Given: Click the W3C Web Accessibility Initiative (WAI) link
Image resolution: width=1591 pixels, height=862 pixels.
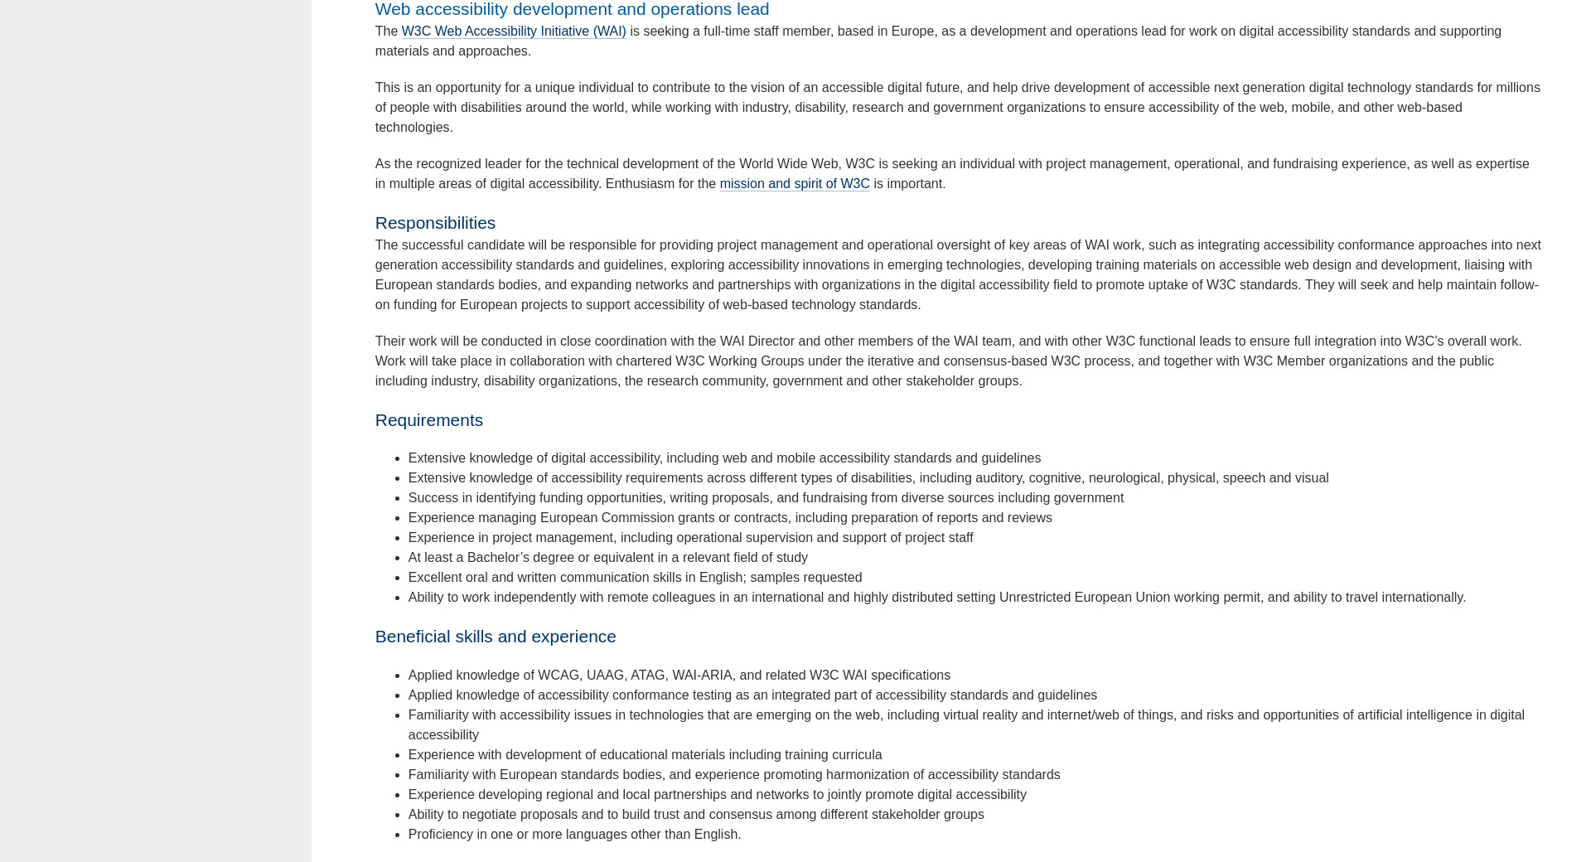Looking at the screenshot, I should pos(513,31).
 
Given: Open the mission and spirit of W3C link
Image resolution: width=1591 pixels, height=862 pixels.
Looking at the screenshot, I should pos(794,184).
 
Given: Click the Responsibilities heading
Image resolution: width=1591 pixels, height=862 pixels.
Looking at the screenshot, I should pos(435,223).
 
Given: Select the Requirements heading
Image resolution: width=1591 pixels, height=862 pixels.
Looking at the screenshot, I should pos(428,420).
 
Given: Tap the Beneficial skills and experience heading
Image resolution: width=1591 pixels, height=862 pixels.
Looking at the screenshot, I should pos(495,637).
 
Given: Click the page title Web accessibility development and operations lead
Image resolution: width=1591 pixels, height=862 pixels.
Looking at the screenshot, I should pos(572,10).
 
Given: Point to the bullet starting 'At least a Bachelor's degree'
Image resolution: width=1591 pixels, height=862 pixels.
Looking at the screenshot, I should pos(607,558).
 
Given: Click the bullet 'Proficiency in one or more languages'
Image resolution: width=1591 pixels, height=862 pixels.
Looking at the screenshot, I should pos(574,835).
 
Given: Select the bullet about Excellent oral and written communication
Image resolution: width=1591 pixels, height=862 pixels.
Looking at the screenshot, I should pos(635,578).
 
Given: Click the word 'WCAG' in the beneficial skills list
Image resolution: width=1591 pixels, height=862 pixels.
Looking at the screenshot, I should pos(559,676).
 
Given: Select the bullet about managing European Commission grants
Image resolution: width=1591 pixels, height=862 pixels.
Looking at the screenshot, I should pos(729,518).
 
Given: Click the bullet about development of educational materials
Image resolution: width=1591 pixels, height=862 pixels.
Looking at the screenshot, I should pos(645,755).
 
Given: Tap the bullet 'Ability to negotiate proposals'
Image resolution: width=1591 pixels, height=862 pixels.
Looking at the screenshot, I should pos(696,815).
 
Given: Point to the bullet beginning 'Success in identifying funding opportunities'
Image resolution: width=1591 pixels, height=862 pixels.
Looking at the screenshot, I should pos(766,498).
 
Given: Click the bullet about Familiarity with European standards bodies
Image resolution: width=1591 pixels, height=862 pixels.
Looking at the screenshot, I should pos(733,775).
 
